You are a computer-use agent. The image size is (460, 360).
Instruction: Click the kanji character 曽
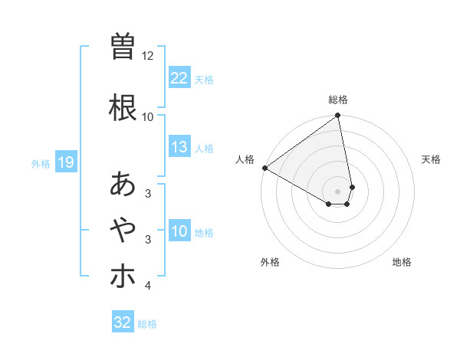click(x=123, y=47)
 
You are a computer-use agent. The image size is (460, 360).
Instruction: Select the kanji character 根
click(x=123, y=108)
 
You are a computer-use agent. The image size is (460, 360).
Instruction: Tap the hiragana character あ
click(x=123, y=185)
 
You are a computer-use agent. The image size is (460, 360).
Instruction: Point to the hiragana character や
click(x=123, y=229)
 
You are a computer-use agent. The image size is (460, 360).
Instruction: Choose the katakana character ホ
click(x=123, y=276)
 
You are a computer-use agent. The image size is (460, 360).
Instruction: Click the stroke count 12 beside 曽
click(x=148, y=56)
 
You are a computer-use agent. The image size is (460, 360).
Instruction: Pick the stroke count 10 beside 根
click(x=148, y=116)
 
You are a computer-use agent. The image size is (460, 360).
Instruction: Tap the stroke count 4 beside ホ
click(x=147, y=286)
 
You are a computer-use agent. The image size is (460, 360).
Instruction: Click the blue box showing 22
click(x=179, y=78)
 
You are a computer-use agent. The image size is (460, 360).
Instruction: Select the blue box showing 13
click(x=179, y=147)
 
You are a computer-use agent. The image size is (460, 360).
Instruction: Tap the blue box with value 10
click(x=179, y=231)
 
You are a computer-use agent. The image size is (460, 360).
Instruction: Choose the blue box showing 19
click(x=65, y=162)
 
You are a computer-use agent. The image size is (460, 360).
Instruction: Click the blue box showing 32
click(x=123, y=322)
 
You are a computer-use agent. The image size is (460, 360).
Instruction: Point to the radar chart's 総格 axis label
click(x=338, y=100)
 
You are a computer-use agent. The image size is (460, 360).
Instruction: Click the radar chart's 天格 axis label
click(x=432, y=159)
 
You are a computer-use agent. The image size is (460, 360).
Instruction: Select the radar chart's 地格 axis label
click(x=402, y=262)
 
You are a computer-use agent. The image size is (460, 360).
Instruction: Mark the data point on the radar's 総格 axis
click(x=338, y=116)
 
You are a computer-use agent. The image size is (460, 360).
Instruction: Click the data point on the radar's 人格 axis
click(x=264, y=168)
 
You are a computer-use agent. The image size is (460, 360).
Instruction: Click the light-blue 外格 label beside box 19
click(x=40, y=163)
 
